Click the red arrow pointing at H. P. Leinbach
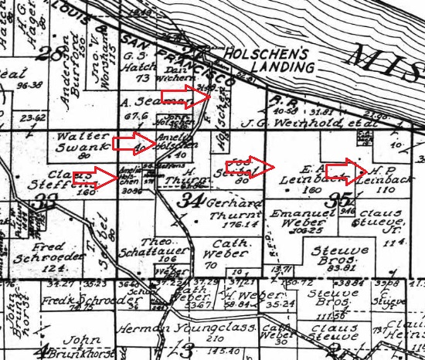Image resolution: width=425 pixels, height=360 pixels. tap(343, 169)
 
